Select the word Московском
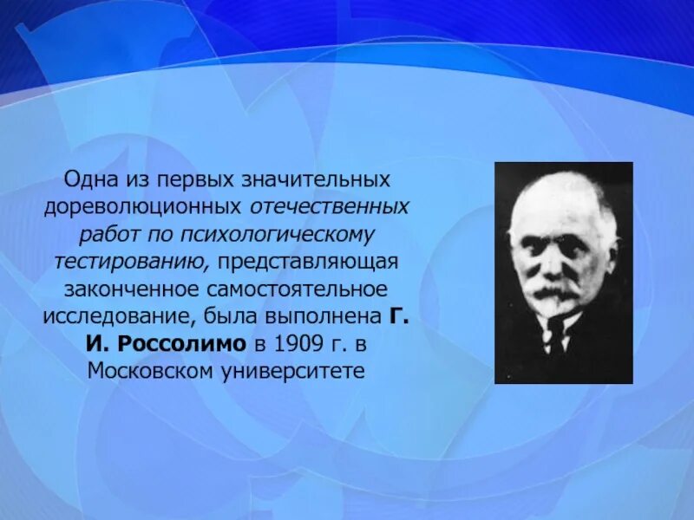click(x=146, y=369)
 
